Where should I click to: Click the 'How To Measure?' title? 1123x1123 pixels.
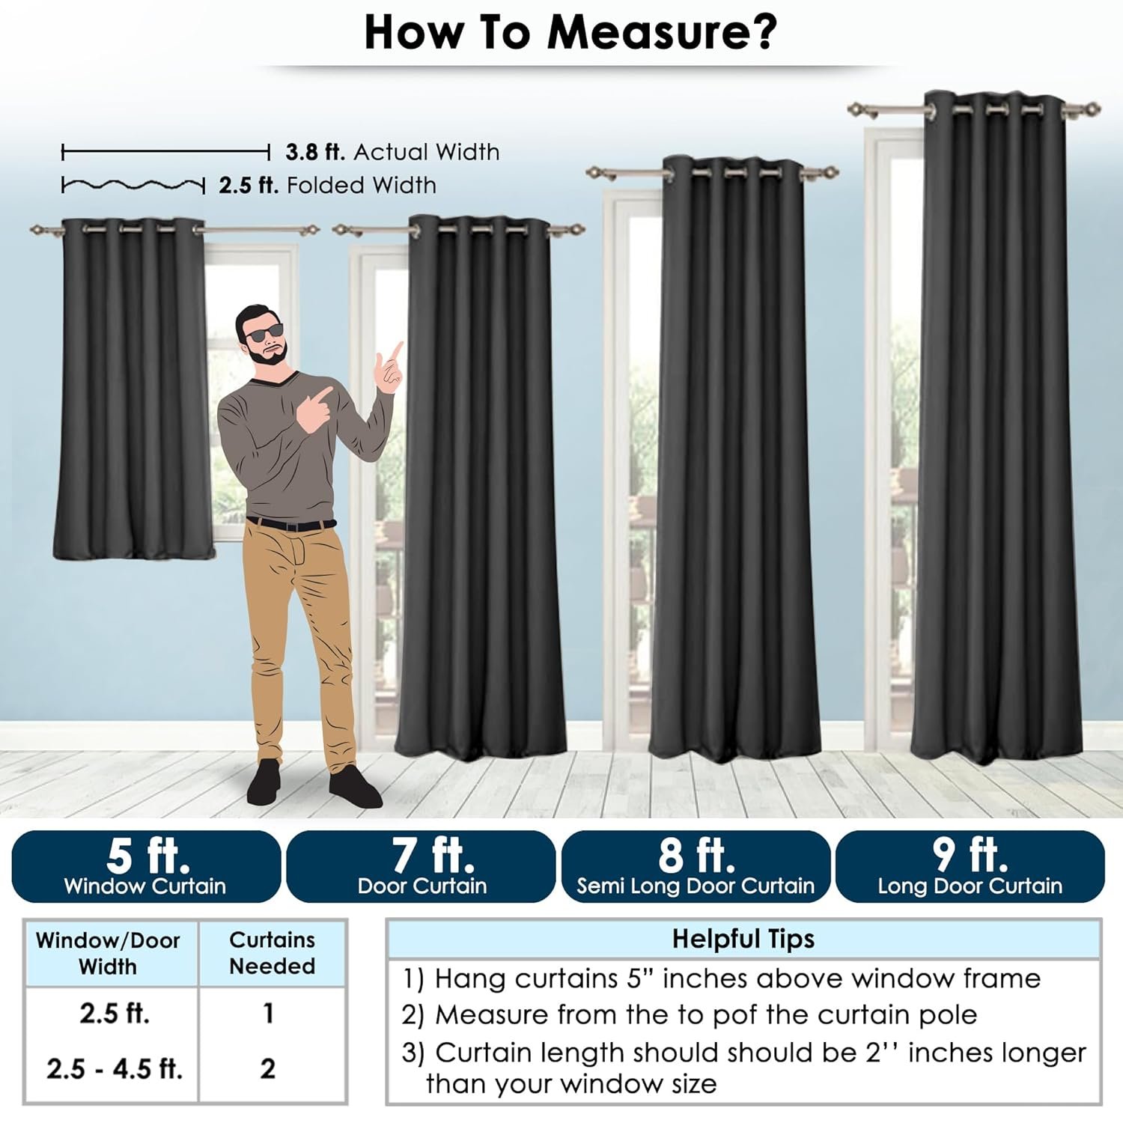[570, 31]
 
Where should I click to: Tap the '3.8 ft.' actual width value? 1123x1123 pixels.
[315, 152]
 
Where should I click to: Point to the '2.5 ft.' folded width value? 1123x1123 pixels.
[249, 185]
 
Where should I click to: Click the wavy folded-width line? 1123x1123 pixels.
[133, 185]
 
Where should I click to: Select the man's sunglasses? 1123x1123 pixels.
[265, 333]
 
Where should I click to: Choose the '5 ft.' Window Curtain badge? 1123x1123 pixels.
[146, 866]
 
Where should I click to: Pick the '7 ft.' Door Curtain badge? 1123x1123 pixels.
[421, 866]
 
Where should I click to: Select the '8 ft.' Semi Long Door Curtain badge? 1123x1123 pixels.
[696, 866]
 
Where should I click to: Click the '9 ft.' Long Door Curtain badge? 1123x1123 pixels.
[970, 866]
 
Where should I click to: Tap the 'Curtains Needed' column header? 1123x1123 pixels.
[272, 953]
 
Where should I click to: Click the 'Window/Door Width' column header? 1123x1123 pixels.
[108, 953]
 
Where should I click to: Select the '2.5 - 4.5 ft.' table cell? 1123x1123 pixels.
[115, 1068]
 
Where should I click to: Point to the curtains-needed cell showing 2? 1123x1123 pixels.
[268, 1068]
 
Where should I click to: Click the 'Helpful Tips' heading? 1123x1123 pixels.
[743, 939]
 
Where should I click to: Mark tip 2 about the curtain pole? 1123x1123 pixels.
[690, 1015]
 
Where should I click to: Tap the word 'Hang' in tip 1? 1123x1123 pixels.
[471, 980]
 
